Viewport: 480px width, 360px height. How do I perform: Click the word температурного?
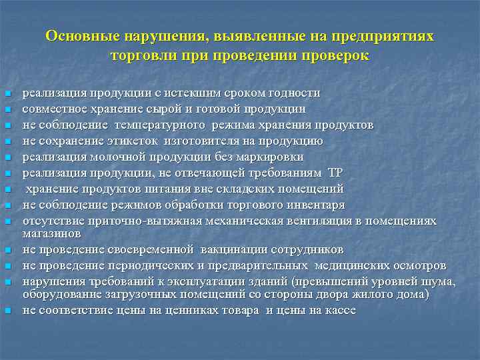(x=160, y=125)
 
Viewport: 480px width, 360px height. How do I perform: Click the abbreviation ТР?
(x=335, y=173)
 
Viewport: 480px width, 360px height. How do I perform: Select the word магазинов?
(x=51, y=233)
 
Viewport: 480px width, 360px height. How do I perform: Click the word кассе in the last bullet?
(x=341, y=310)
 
